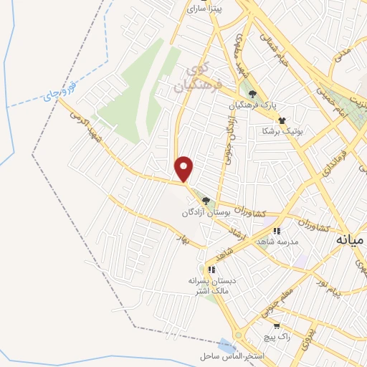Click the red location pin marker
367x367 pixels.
pos(185,168)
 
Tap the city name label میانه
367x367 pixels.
pos(351,240)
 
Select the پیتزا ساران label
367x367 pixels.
pos(206,9)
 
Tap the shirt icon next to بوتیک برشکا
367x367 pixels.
pos(282,120)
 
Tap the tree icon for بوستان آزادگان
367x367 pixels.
pos(206,201)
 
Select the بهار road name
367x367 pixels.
pos(182,237)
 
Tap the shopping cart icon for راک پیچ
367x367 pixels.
pos(257,326)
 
